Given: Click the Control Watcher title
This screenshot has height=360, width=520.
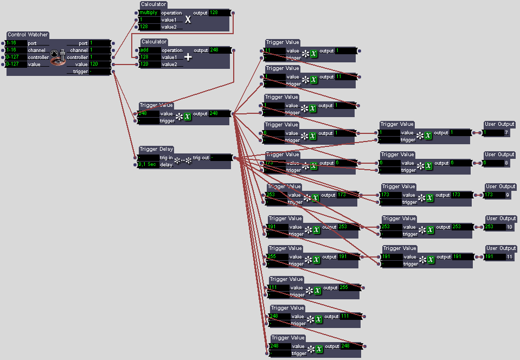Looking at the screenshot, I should (x=28, y=35).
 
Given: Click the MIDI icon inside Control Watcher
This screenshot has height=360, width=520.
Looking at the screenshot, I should (x=57, y=57).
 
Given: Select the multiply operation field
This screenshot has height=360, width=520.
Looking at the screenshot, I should (x=149, y=12).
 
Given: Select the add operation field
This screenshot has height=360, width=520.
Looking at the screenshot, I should (x=149, y=50).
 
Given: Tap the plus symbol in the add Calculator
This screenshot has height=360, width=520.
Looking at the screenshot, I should (x=188, y=57).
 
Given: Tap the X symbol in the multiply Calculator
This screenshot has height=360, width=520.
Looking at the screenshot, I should (x=188, y=20).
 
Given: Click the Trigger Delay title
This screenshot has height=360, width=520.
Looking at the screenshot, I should (x=156, y=149).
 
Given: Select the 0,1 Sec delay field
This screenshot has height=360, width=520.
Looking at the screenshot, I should (x=148, y=164).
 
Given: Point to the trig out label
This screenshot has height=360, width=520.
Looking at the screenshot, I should (x=201, y=158).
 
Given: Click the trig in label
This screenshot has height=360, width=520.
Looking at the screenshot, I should (x=167, y=158).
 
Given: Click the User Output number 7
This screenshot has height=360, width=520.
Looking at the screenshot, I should (x=506, y=132).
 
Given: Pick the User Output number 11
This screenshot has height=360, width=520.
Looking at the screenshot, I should (x=509, y=256).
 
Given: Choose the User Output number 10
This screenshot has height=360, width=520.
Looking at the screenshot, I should (x=509, y=227).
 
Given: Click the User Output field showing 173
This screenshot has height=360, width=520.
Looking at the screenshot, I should (x=493, y=195).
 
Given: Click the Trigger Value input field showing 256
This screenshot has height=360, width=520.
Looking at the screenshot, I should (x=278, y=256).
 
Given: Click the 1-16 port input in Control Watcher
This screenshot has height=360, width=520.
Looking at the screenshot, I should (x=16, y=43).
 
